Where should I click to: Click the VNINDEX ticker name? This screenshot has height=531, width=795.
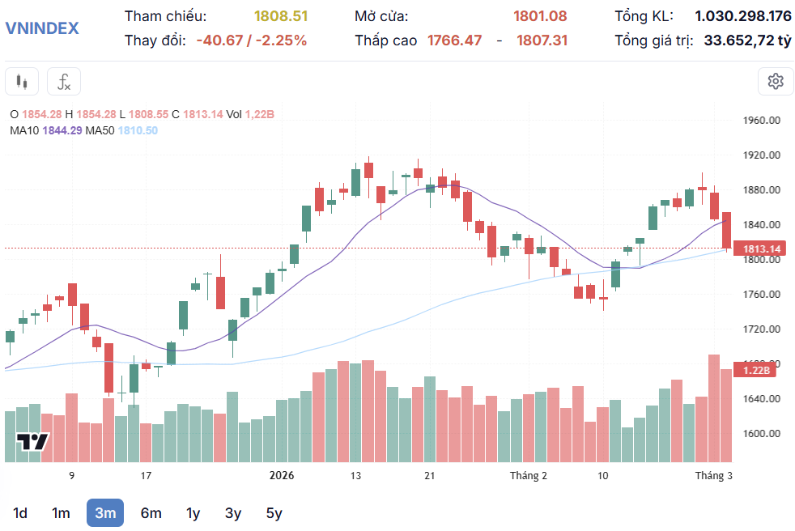[x=42, y=28]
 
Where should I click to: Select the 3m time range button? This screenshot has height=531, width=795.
[x=105, y=512]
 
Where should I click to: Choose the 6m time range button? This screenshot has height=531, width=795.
[x=151, y=512]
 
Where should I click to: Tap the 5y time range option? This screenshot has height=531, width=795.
[x=274, y=512]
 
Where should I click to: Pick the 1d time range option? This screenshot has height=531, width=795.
[x=20, y=512]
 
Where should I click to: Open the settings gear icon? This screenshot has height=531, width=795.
[x=776, y=81]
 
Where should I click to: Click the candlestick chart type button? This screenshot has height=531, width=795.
[x=22, y=82]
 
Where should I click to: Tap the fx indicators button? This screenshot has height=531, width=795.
[x=64, y=82]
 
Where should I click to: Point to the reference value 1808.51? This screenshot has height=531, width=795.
[x=281, y=16]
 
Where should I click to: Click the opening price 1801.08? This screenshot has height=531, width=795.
[x=540, y=16]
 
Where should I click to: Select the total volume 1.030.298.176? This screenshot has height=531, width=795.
[x=743, y=16]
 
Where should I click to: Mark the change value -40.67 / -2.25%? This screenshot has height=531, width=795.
[x=252, y=40]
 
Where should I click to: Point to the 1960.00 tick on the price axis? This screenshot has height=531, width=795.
[x=761, y=121]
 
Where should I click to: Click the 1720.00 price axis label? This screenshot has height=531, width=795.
[x=761, y=329]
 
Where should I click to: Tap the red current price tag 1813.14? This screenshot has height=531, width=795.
[x=762, y=249]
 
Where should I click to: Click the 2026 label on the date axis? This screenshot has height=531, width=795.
[x=282, y=476]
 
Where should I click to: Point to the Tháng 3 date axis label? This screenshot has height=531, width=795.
[x=714, y=476]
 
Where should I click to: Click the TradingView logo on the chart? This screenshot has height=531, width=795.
[x=33, y=442]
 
